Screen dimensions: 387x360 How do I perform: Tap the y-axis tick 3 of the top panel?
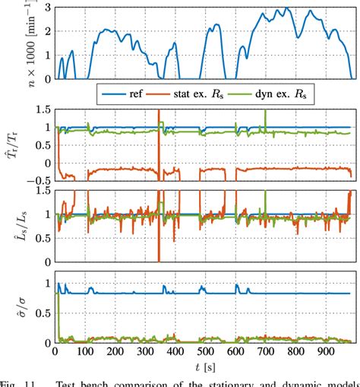48,8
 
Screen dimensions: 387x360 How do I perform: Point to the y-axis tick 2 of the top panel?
48,31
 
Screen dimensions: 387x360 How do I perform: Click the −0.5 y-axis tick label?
39,179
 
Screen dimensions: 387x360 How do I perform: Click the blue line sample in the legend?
109,94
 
